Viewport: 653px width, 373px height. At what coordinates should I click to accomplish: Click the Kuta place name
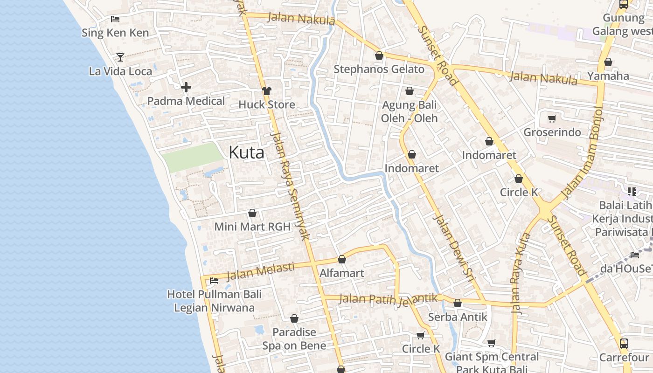[246, 152]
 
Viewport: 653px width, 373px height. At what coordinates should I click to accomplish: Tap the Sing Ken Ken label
[115, 33]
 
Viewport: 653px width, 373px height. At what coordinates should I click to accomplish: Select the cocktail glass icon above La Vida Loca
[120, 57]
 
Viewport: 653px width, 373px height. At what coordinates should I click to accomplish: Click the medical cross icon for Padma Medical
[186, 87]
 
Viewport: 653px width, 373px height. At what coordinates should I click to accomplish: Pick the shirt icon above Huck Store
[267, 91]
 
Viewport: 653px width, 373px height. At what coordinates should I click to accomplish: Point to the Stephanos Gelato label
[379, 69]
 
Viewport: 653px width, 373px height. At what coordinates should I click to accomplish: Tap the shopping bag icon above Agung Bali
[410, 91]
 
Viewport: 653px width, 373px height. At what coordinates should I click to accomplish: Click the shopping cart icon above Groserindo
[552, 118]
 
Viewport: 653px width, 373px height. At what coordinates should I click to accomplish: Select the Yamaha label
[608, 76]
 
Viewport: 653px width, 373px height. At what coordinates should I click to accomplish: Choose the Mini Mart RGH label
[252, 227]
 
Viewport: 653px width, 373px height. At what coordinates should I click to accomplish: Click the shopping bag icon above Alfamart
[342, 259]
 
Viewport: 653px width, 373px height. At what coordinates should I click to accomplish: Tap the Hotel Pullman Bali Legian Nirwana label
[214, 301]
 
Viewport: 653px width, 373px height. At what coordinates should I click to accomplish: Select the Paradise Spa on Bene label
[294, 339]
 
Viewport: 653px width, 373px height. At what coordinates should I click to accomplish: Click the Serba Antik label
[457, 317]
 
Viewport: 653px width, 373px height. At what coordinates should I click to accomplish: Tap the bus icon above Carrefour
[624, 344]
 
